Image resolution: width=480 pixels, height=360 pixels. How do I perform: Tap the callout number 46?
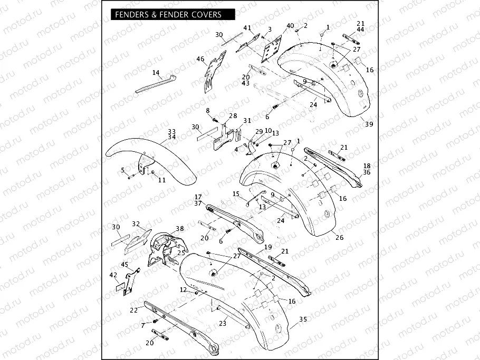coord(200,59)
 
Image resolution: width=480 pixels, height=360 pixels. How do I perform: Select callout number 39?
coord(369,124)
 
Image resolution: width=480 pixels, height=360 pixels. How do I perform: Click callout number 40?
coord(290,26)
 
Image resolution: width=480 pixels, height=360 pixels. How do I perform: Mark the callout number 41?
coord(247,28)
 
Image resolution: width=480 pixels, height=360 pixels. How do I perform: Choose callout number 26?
coord(339,238)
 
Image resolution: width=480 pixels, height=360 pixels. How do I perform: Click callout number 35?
coord(303,319)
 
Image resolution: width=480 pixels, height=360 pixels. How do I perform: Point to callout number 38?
coord(180,229)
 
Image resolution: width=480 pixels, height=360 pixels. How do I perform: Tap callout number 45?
coord(124,265)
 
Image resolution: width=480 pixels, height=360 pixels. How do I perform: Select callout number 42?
coord(113,275)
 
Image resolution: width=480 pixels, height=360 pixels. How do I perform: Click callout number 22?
coord(134,310)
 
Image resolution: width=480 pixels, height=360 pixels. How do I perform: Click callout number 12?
coord(183,290)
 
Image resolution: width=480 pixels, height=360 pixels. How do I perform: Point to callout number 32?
coord(136,223)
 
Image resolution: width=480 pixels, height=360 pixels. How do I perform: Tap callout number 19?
coord(268,247)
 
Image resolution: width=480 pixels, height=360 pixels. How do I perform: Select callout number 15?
coord(236,194)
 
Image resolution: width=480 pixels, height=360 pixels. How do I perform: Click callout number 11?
coord(161,180)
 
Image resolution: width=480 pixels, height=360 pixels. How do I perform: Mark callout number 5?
coord(123,170)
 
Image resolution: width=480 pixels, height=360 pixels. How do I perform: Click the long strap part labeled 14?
coord(153,84)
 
